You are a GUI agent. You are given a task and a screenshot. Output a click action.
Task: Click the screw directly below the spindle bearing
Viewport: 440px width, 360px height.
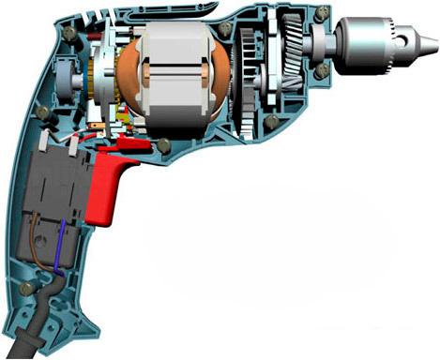(x=324, y=71)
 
